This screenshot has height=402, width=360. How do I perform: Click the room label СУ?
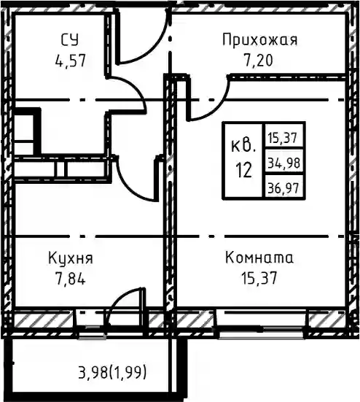click(70, 41)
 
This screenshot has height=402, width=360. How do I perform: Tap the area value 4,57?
click(70, 61)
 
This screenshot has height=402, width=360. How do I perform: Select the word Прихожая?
click(259, 41)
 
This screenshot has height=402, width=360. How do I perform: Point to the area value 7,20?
click(259, 61)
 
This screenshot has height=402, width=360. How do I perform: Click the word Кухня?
click(71, 258)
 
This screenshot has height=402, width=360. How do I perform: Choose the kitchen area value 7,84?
click(70, 279)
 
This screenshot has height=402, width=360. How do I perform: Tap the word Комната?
click(259, 258)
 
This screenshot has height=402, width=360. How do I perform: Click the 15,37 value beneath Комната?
click(259, 278)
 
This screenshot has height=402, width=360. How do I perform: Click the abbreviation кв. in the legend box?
click(243, 146)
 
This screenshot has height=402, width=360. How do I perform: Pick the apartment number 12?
click(243, 171)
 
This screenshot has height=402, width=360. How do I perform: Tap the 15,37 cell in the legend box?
click(283, 138)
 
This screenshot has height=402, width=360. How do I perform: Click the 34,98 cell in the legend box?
click(283, 163)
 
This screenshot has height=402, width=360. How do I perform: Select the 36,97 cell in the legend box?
click(283, 188)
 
